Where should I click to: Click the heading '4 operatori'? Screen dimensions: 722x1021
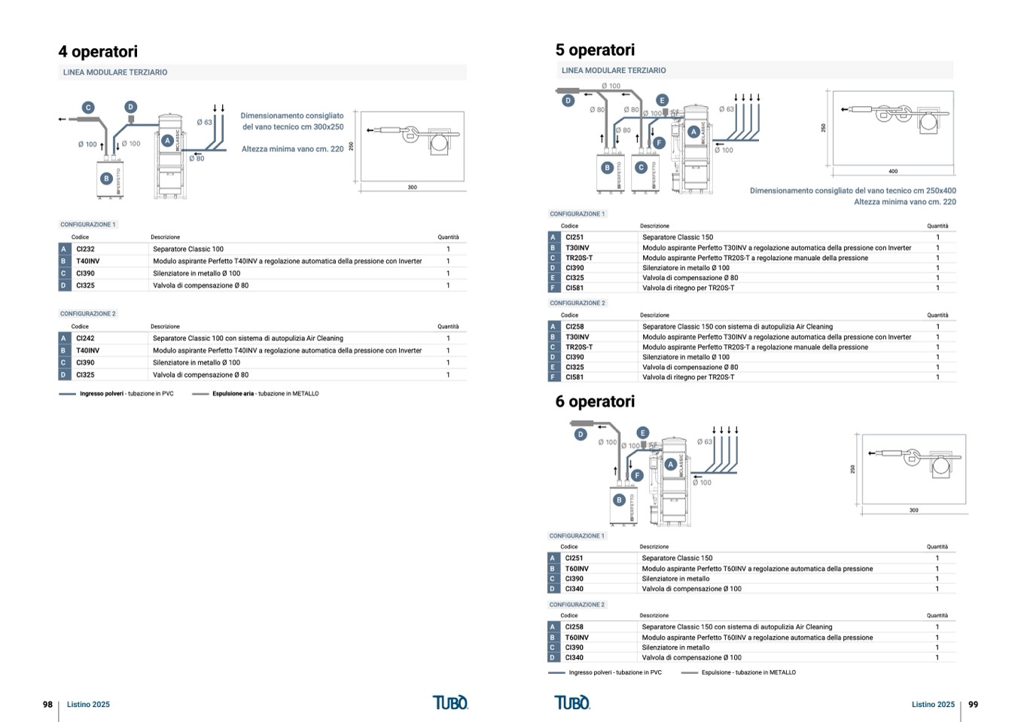tap(98, 52)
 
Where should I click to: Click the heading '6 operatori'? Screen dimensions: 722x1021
tap(595, 402)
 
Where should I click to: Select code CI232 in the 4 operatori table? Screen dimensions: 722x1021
tap(86, 249)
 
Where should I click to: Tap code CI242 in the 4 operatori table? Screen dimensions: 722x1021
tap(85, 339)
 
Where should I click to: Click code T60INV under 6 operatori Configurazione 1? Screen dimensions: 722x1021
tap(577, 569)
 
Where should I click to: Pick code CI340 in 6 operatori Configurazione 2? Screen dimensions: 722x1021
tap(574, 658)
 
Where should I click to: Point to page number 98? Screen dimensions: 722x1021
tap(47, 705)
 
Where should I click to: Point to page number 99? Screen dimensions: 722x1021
tap(973, 705)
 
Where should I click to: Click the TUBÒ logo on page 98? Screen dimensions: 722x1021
tap(450, 702)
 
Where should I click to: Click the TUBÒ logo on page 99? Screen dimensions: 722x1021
tap(572, 702)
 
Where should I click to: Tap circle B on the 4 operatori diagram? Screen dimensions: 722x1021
tap(107, 178)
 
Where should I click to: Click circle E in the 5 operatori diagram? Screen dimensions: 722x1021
tap(662, 100)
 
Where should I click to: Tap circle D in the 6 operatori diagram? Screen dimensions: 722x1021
tap(581, 434)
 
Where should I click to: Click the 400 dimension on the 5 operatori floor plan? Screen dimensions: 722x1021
tap(893, 172)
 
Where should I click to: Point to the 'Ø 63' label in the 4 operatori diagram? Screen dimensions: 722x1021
tap(204, 122)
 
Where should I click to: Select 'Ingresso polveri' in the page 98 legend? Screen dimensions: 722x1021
tap(102, 394)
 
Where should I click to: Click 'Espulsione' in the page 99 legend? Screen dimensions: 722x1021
tap(716, 673)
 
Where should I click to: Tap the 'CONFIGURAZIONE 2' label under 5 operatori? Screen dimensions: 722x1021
tap(578, 303)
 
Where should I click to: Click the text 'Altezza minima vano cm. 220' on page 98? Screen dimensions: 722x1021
tap(292, 149)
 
